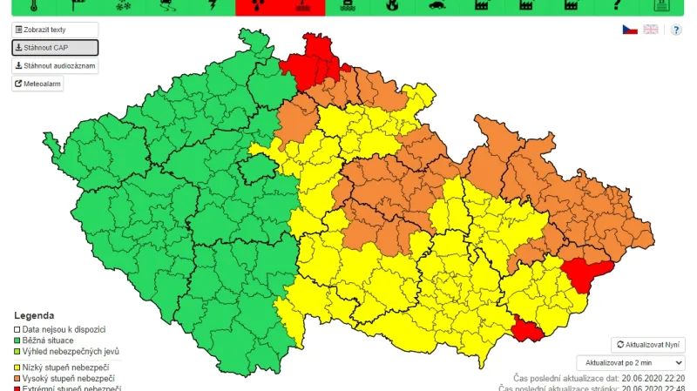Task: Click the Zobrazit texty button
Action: (41, 30)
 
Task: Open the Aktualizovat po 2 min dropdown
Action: (631, 362)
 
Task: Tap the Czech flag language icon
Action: (629, 30)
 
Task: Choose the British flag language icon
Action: (651, 30)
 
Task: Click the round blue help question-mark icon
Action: (676, 30)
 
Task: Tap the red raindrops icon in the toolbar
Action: (258, 6)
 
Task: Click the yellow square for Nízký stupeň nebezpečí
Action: (17, 368)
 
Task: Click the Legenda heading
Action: (34, 315)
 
